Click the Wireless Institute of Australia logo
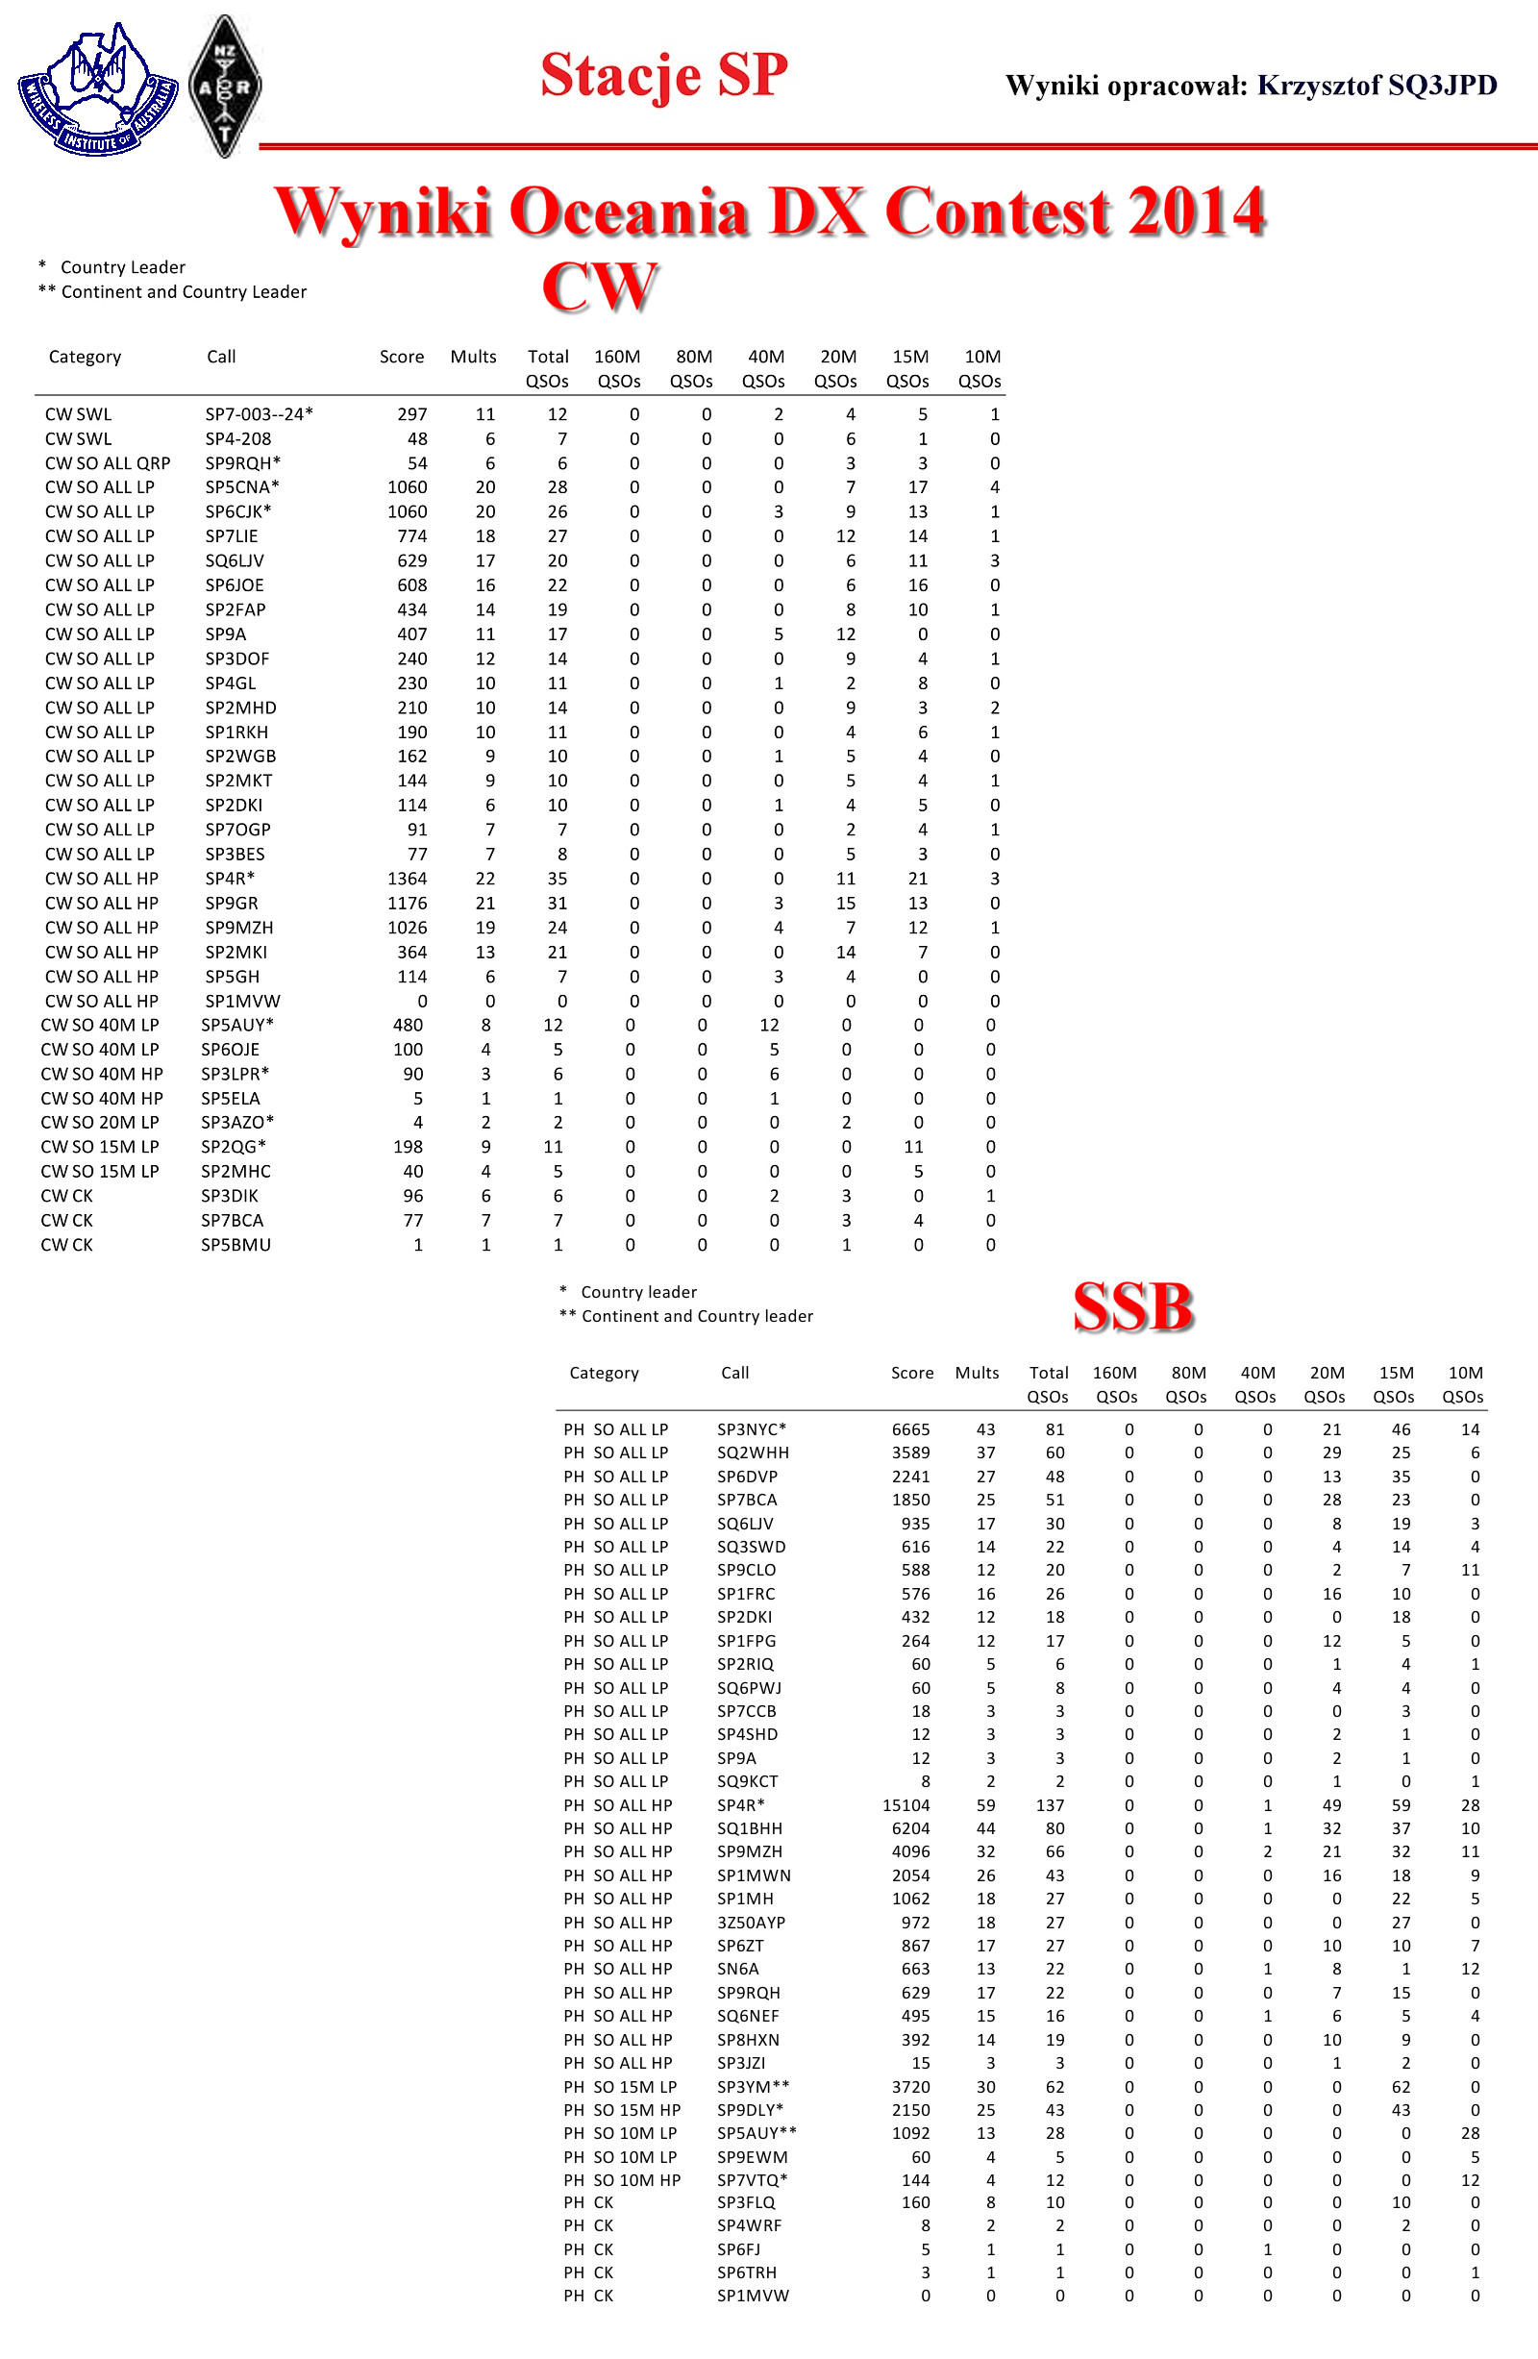click(x=97, y=89)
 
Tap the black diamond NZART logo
click(x=225, y=87)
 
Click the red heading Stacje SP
click(x=663, y=75)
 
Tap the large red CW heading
click(x=599, y=286)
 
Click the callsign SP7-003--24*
click(x=259, y=414)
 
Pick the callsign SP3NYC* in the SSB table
click(x=751, y=1429)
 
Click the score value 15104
click(x=905, y=1805)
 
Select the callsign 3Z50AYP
click(x=750, y=1922)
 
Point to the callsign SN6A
click(x=737, y=1969)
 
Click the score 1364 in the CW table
click(x=407, y=879)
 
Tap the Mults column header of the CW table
click(x=473, y=357)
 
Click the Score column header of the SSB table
click(x=911, y=1373)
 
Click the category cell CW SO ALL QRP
click(x=107, y=463)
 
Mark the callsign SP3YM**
click(x=754, y=2086)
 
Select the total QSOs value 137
click(x=1050, y=1805)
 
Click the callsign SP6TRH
click(x=746, y=2272)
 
